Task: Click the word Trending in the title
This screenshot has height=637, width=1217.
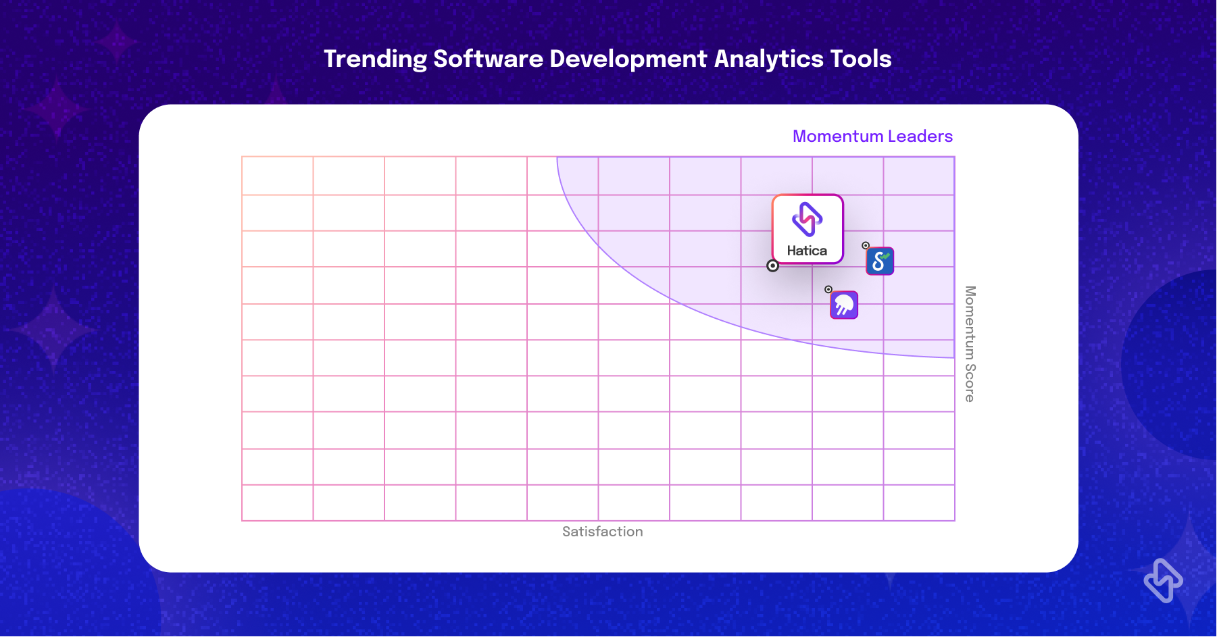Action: pos(375,59)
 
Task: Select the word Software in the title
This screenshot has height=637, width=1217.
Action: pos(488,59)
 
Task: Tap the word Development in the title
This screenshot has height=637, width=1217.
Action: pos(628,59)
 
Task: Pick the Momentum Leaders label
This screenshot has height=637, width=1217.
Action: pos(872,136)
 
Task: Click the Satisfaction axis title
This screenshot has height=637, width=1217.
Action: pos(603,532)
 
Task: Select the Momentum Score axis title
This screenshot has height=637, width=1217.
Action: pos(970,344)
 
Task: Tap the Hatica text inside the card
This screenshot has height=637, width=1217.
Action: pos(807,251)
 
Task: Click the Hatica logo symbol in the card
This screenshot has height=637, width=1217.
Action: pos(808,219)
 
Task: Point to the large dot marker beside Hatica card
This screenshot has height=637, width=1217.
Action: pos(773,266)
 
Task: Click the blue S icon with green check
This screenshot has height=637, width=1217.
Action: pos(880,261)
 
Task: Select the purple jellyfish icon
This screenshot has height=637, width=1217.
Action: pos(844,305)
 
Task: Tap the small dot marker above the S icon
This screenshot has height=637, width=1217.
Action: pos(866,246)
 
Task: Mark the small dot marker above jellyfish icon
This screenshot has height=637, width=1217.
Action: pos(828,289)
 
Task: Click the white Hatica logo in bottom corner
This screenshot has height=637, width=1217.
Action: pos(1164,580)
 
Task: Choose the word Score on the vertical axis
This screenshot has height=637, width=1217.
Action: pos(970,383)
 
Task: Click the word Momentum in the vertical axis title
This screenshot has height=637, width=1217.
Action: pos(970,322)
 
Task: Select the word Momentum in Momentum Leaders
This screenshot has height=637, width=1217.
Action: pos(838,136)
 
